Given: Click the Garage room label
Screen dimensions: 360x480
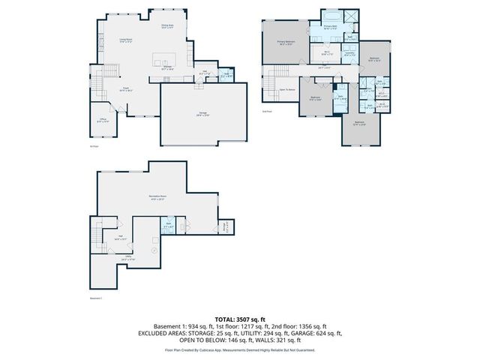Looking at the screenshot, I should click(202, 114).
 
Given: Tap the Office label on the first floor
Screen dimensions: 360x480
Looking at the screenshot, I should click(103, 120).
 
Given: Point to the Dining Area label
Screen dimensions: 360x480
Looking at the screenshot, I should click(168, 26).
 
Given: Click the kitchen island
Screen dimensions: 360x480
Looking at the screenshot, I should click(163, 58).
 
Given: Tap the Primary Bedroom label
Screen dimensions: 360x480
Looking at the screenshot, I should click(286, 42).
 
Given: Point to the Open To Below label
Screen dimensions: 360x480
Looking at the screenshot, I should click(287, 88).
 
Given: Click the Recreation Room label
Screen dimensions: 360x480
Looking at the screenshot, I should click(157, 199).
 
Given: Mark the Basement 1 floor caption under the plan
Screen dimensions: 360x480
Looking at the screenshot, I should click(95, 298).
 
